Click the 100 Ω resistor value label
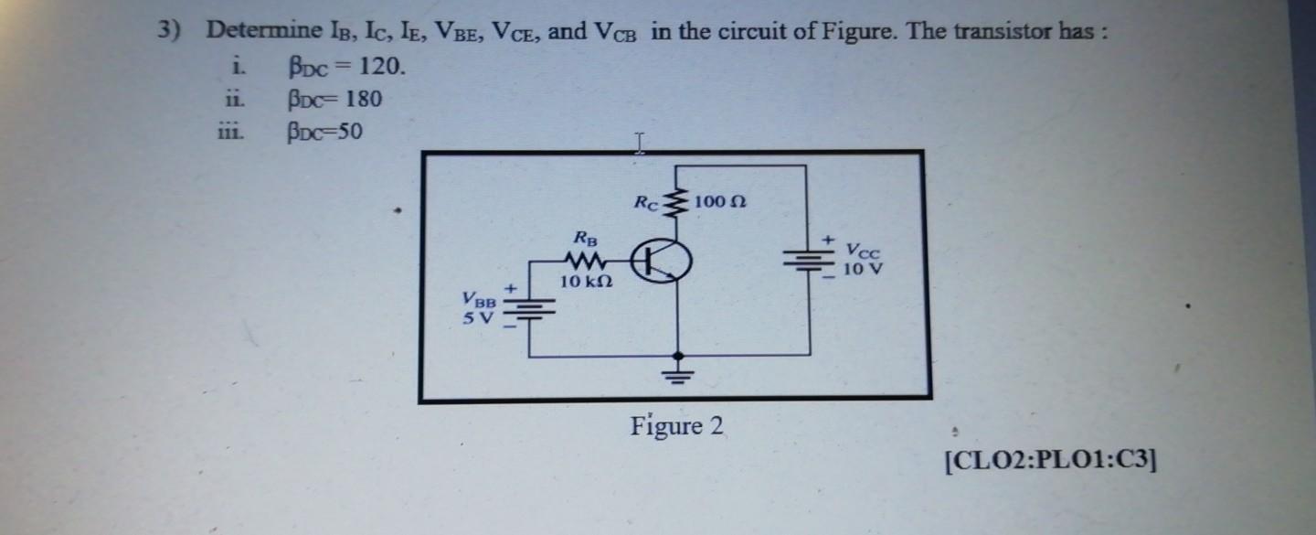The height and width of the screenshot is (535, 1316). pos(721,200)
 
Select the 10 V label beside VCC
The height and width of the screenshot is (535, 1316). pos(864,269)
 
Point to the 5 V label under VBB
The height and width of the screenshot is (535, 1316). pos(477,319)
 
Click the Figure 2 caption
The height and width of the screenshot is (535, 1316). pos(676,426)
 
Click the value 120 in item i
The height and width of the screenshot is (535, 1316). pos(378,67)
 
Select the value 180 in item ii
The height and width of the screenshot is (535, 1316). pos(361,99)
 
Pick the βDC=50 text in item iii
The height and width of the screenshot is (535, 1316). pos(324,133)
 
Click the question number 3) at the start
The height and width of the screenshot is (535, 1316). pos(168,30)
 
